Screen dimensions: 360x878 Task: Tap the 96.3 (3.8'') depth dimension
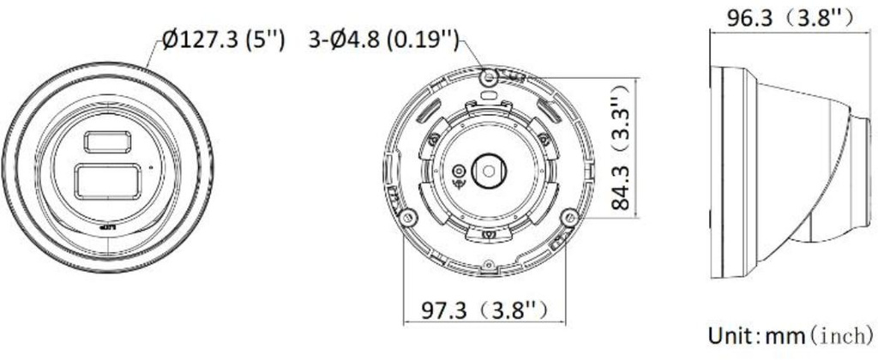point(790,16)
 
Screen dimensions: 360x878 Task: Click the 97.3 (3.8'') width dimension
point(484,309)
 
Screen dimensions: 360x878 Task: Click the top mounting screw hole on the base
point(489,78)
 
